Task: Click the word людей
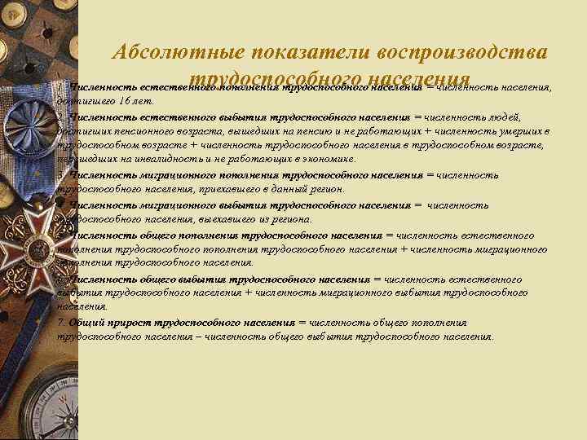click(x=514, y=116)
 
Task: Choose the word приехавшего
click(x=230, y=189)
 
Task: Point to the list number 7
click(x=60, y=322)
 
